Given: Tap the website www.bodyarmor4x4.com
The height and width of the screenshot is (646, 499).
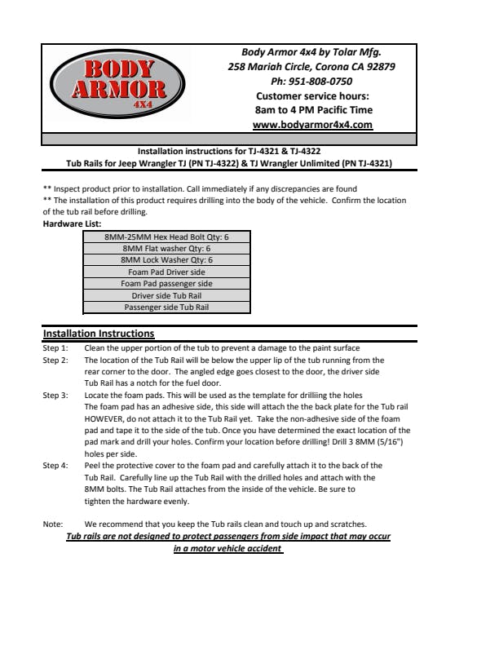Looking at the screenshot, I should [x=312, y=125].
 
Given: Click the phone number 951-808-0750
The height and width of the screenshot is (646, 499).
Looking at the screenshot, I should [x=311, y=82].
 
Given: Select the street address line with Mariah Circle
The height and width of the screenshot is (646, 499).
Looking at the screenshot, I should [x=311, y=67].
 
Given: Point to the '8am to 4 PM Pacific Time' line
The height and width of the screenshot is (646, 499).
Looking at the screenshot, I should [x=312, y=110].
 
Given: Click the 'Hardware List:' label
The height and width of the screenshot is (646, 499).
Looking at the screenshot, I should [x=72, y=222].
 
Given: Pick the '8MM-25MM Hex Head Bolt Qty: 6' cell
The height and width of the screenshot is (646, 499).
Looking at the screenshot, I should [x=166, y=237].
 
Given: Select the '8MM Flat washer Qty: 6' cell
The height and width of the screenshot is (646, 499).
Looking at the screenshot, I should [x=166, y=248].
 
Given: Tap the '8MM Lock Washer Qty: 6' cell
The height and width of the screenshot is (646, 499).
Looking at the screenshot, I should [x=166, y=259].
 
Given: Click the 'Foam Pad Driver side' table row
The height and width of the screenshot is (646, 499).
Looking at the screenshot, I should [x=166, y=272].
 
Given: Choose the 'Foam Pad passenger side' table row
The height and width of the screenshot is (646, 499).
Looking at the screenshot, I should [x=166, y=283].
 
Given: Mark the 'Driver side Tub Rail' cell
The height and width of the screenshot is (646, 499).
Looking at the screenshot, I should [x=166, y=295].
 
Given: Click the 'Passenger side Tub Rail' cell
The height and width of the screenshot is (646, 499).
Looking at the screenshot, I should [x=166, y=308].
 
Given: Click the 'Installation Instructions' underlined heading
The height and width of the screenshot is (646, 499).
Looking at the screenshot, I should [x=98, y=334].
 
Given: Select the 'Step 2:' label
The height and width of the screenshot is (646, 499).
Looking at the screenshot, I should [x=55, y=360].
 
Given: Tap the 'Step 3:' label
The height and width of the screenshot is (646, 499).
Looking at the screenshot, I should [x=55, y=395].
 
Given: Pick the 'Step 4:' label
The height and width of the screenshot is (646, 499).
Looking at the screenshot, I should [x=55, y=466].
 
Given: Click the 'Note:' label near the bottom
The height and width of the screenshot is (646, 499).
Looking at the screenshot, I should [x=53, y=524].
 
